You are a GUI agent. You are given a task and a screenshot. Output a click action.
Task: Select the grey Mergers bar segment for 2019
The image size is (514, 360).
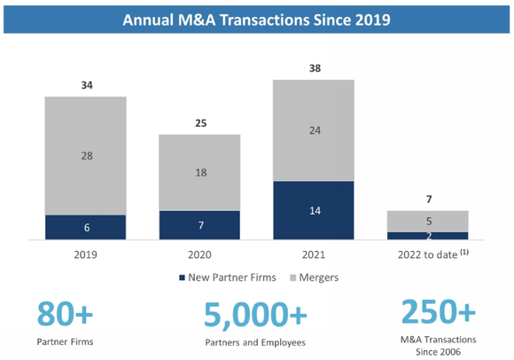pyautogui.click(x=86, y=155)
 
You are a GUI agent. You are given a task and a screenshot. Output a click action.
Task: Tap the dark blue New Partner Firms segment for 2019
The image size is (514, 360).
pyautogui.click(x=86, y=227)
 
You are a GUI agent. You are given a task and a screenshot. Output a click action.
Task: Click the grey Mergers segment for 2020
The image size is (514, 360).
pyautogui.click(x=199, y=172)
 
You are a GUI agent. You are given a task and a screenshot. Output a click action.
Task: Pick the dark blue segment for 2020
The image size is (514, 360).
pyautogui.click(x=199, y=224)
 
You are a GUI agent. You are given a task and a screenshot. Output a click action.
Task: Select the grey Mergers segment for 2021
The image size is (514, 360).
pyautogui.click(x=314, y=130)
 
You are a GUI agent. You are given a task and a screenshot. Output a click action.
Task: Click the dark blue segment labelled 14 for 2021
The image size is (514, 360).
pyautogui.click(x=314, y=210)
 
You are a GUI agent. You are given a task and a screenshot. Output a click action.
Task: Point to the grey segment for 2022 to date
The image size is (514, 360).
pyautogui.click(x=427, y=221)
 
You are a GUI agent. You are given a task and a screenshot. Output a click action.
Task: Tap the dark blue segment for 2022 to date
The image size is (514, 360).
pyautogui.click(x=427, y=235)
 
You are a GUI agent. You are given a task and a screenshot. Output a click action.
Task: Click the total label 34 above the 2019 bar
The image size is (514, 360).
pyautogui.click(x=86, y=86)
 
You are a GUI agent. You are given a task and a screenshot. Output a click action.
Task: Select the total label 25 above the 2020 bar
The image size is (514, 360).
pyautogui.click(x=199, y=123)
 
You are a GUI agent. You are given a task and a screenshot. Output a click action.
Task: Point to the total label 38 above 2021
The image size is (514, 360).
pyautogui.click(x=314, y=69)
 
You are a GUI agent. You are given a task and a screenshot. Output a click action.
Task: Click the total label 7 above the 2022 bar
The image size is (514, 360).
pyautogui.click(x=427, y=200)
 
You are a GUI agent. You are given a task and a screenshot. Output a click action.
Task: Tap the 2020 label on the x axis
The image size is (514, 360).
pyautogui.click(x=199, y=253)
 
